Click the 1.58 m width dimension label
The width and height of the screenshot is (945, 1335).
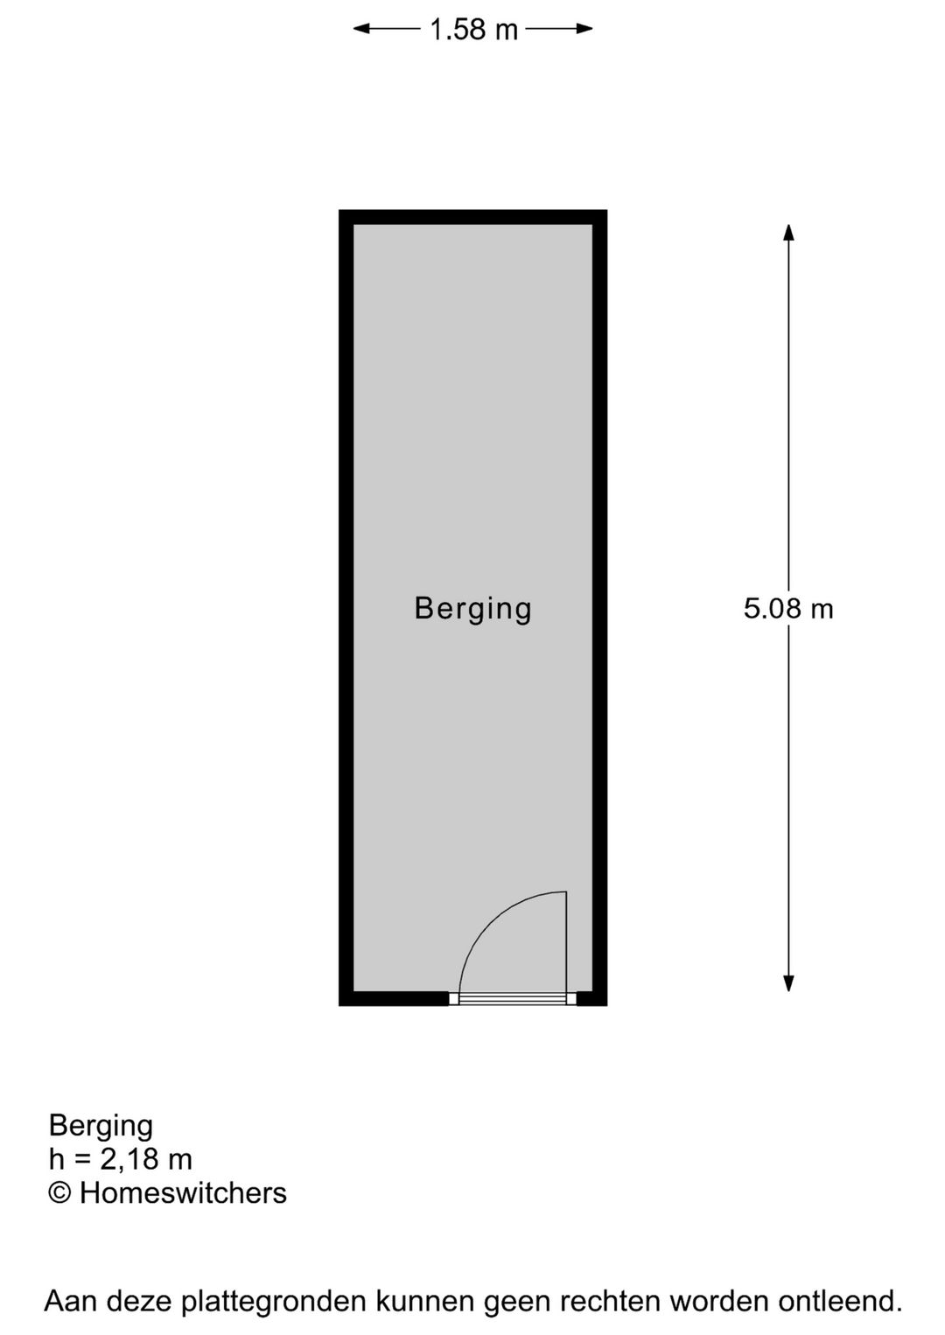(x=473, y=30)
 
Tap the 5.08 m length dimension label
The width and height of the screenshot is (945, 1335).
(x=788, y=609)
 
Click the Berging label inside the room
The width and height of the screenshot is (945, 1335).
(x=472, y=609)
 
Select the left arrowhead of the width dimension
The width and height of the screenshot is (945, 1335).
(x=361, y=29)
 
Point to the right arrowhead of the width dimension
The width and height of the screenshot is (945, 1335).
(x=584, y=29)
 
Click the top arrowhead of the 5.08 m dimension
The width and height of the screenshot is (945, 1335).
(x=788, y=233)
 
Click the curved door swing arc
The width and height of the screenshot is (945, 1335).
(x=490, y=921)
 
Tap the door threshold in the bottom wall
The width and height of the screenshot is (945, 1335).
(x=513, y=999)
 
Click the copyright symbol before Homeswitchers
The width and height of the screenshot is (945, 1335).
(x=59, y=1194)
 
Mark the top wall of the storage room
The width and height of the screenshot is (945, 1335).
(x=472, y=217)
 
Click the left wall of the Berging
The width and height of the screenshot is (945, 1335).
(x=346, y=608)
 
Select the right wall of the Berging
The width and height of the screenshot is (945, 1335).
(x=599, y=608)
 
